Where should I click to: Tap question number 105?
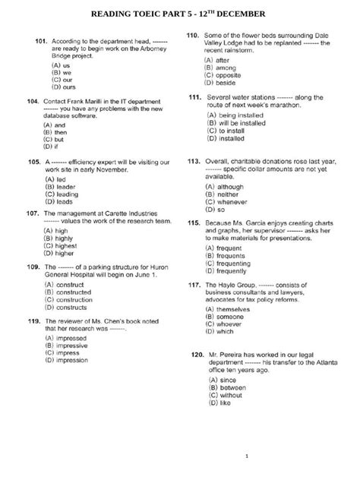click(34, 163)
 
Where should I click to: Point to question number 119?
click(33, 322)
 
